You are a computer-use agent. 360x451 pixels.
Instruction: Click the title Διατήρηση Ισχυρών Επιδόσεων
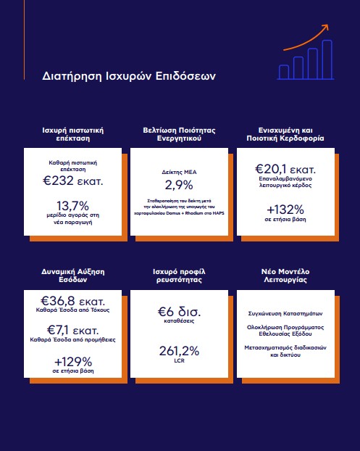(129, 76)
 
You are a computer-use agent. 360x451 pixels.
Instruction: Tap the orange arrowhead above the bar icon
(325, 28)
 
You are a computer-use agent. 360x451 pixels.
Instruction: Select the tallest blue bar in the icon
(327, 59)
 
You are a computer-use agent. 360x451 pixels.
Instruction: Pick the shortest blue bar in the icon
(284, 72)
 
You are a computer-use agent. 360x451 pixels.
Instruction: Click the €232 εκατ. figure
(73, 181)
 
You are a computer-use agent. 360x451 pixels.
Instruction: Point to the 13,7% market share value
(73, 206)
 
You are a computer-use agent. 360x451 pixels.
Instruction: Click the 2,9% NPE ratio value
(179, 185)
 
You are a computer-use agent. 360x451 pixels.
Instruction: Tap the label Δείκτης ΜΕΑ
(180, 172)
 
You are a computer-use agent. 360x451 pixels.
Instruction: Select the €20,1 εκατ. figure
(285, 169)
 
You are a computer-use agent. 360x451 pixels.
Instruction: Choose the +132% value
(285, 210)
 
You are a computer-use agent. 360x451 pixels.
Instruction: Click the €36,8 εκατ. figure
(73, 301)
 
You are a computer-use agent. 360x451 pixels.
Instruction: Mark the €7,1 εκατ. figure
(73, 330)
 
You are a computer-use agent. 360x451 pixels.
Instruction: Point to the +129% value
(73, 362)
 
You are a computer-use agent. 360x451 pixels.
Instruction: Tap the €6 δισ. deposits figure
(180, 312)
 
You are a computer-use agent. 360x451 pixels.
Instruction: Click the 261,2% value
(180, 351)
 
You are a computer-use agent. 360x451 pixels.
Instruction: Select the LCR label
(180, 360)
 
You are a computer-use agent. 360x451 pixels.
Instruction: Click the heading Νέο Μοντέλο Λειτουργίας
(285, 276)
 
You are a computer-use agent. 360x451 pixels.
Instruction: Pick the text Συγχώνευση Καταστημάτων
(285, 313)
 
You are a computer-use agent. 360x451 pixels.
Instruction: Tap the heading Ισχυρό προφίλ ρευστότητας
(180, 276)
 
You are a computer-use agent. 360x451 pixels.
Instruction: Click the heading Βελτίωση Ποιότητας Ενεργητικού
(180, 134)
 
